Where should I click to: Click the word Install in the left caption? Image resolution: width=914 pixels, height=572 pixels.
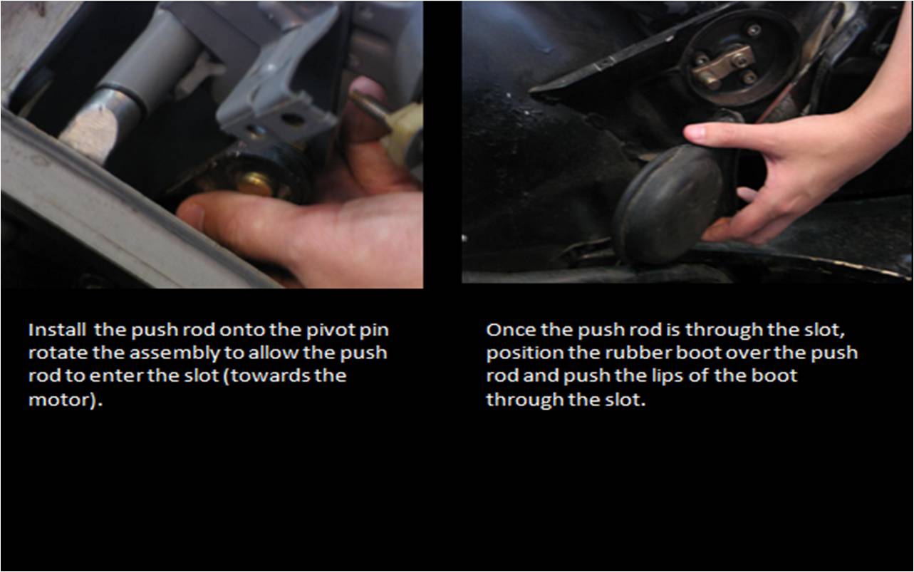(57, 329)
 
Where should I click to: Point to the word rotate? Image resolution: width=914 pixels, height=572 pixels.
(58, 353)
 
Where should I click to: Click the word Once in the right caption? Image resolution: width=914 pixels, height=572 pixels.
(511, 330)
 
